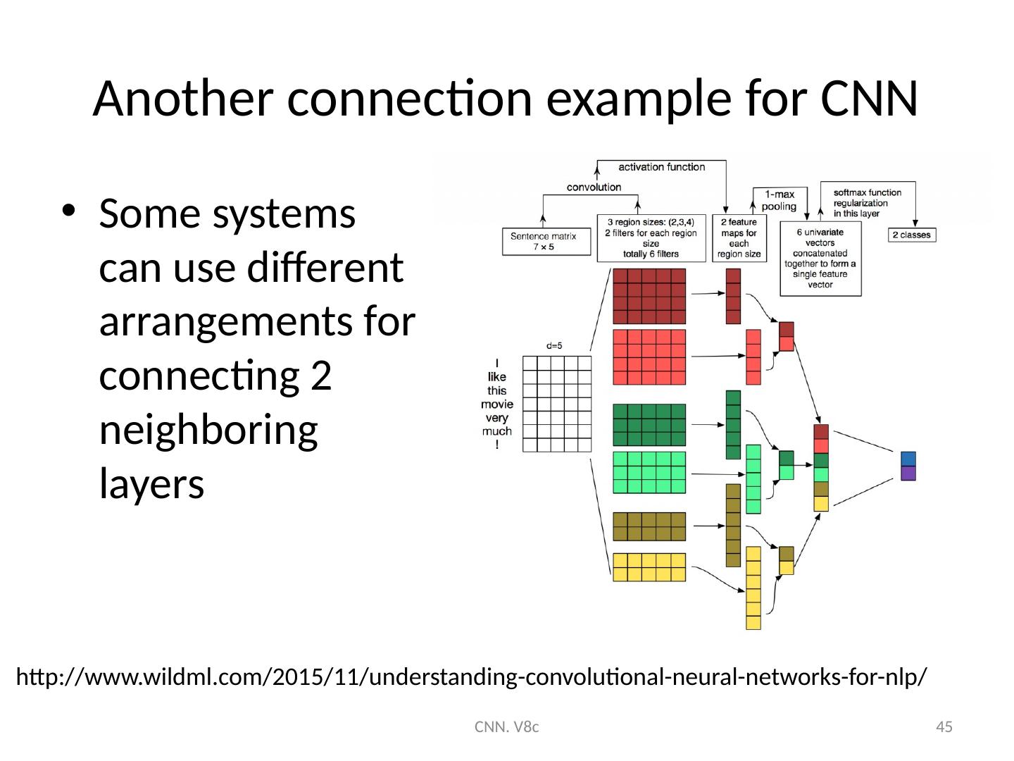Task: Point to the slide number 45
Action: click(944, 726)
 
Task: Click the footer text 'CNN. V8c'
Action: click(507, 726)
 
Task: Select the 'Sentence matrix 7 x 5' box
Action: click(543, 242)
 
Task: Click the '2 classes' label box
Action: click(911, 235)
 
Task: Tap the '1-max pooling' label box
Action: click(778, 200)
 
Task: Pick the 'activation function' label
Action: click(661, 167)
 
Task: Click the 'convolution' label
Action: click(595, 187)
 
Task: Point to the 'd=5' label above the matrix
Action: click(554, 346)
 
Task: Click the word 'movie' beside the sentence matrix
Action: click(496, 404)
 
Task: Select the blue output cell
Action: click(908, 458)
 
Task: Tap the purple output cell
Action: click(908, 473)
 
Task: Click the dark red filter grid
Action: click(649, 296)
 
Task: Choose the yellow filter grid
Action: click(649, 567)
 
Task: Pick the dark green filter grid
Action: click(649, 425)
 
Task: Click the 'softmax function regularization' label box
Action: click(866, 203)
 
